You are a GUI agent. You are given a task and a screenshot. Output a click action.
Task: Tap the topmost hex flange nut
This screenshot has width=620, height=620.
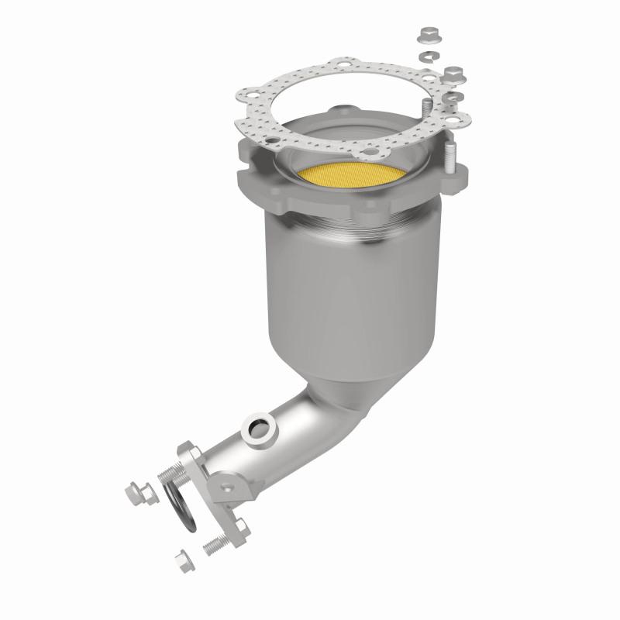coord(427,35)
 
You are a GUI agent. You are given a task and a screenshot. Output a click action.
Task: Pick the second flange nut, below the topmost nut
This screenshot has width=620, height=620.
coord(453,74)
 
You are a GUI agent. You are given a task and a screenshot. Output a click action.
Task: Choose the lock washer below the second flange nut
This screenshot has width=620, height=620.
coord(456,97)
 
